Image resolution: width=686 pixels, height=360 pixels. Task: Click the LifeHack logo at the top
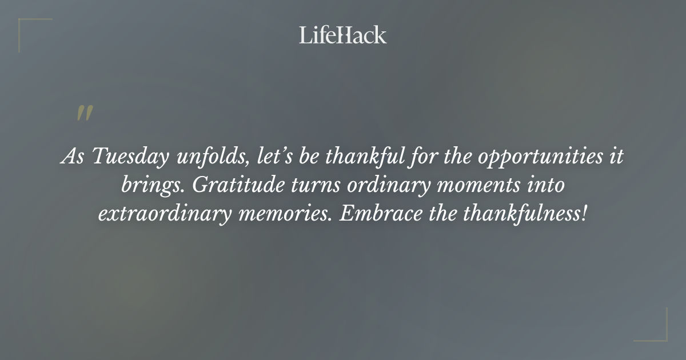pos(342,35)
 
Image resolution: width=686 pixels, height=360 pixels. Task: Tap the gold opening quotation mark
pos(84,113)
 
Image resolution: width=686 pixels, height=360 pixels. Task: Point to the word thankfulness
pos(525,214)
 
